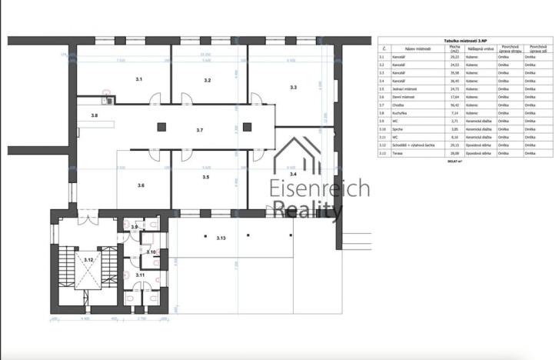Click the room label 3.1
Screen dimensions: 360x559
click(139, 79)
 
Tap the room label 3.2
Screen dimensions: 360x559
click(207, 80)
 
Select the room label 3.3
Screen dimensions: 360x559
click(293, 88)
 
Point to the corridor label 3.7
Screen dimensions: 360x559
click(199, 130)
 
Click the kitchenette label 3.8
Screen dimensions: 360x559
click(95, 115)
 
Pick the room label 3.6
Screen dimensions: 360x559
click(141, 185)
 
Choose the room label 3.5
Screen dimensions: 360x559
click(205, 177)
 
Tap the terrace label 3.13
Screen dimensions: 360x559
click(221, 238)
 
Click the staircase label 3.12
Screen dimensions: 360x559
click(88, 260)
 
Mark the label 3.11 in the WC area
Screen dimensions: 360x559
click(140, 275)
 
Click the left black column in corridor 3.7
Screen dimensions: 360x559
click(161, 127)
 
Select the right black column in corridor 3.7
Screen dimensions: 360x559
click(246, 127)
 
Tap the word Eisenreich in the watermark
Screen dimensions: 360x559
click(318, 189)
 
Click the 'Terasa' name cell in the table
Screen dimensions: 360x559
click(398, 153)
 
